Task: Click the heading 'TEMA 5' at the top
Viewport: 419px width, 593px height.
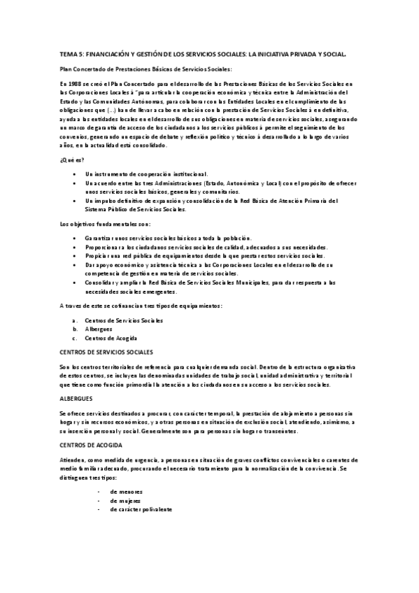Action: click(72, 52)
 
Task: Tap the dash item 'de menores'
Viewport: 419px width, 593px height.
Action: click(126, 492)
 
